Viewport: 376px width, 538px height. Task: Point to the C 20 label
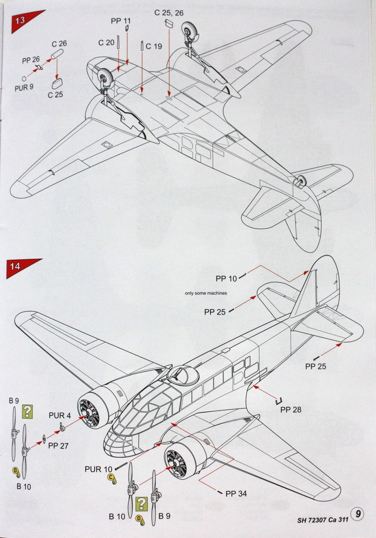[x=106, y=43]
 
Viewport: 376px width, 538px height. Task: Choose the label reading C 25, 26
[x=169, y=12]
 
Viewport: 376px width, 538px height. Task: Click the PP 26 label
[x=31, y=60]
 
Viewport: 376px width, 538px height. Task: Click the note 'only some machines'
[x=205, y=293]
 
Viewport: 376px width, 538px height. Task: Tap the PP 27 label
[x=58, y=446]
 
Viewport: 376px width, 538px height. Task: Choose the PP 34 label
[x=236, y=494]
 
